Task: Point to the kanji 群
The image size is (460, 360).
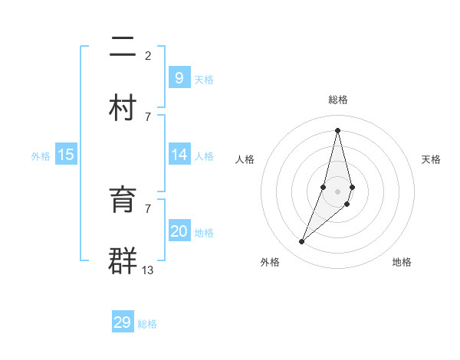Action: [123, 260]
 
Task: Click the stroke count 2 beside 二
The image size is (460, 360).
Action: [148, 55]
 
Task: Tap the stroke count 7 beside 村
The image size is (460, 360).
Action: [148, 116]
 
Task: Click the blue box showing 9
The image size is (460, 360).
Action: [179, 78]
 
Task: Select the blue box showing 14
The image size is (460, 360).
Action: [179, 155]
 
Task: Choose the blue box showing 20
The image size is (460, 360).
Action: [179, 231]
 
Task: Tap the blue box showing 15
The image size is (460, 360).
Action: [66, 155]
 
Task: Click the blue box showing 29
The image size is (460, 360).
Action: [123, 322]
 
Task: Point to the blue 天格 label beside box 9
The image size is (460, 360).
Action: [204, 80]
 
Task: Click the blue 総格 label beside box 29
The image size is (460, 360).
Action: [147, 324]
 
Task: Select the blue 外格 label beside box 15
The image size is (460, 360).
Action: [41, 156]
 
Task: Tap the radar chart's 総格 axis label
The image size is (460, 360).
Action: [338, 100]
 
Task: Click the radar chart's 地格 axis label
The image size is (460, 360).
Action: [402, 262]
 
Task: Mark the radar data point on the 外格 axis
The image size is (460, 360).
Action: [302, 242]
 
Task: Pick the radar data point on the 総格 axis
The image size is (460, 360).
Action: [338, 130]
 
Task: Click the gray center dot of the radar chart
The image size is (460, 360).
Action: [338, 191]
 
